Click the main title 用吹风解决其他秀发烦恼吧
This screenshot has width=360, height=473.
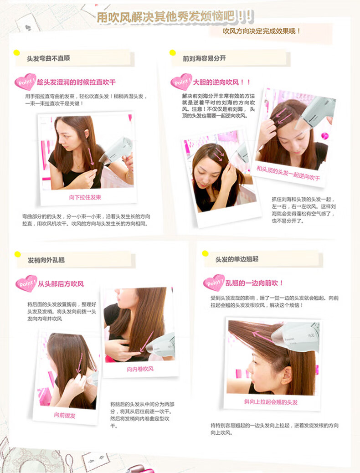point(166,17)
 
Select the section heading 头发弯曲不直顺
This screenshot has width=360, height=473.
point(48,58)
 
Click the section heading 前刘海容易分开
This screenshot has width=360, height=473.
point(204,58)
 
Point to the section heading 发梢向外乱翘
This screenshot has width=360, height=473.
point(46,260)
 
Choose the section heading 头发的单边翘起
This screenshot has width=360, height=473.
point(237,259)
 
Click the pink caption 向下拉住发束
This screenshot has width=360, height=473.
point(85,197)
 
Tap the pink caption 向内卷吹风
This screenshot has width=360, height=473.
point(140,369)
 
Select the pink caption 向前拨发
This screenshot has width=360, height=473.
point(65,416)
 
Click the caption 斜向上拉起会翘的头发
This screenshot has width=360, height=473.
point(271,402)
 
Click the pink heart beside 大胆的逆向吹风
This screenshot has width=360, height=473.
point(181,82)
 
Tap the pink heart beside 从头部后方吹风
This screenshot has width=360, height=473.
point(26,283)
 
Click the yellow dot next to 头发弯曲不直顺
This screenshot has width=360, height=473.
point(16,53)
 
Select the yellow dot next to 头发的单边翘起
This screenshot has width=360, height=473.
point(205,254)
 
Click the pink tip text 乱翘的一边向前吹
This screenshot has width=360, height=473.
point(254,283)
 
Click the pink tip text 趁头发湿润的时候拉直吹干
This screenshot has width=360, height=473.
point(76,82)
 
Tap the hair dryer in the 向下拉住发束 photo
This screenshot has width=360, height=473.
point(117,150)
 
